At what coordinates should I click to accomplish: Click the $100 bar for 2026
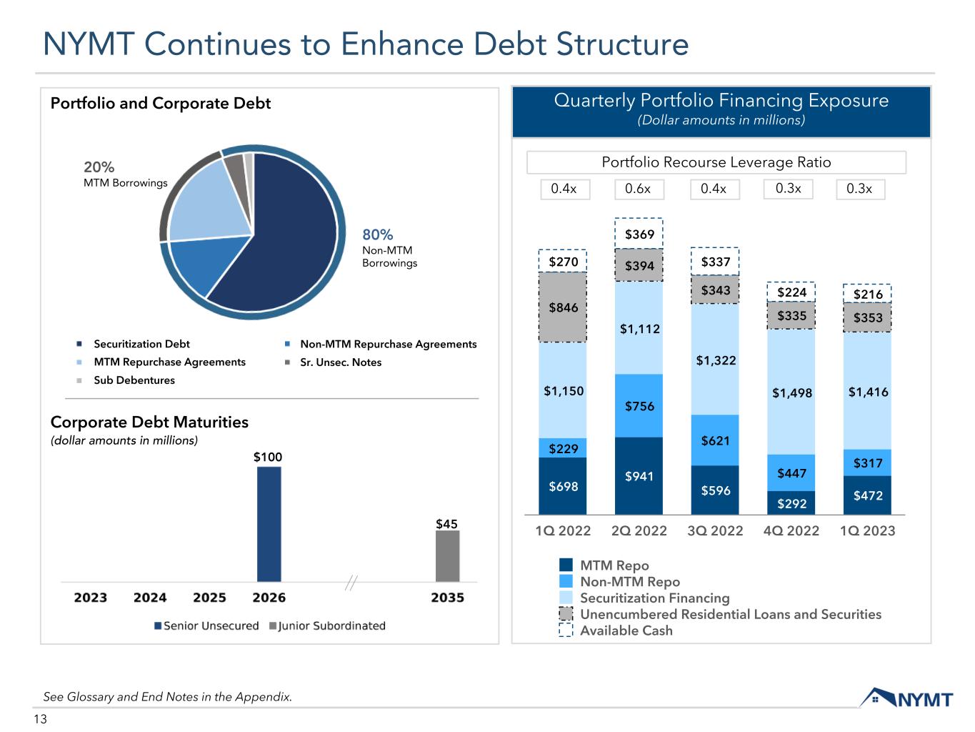(269, 524)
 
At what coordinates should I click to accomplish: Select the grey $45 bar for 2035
(447, 556)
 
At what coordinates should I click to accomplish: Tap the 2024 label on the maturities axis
(150, 598)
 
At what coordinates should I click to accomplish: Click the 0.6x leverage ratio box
(639, 189)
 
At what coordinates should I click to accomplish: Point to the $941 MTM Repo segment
(639, 476)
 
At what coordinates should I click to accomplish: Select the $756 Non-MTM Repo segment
(639, 406)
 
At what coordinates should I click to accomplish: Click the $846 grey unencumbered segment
(562, 307)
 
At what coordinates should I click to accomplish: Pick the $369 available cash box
(639, 233)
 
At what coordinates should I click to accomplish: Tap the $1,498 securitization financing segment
(791, 392)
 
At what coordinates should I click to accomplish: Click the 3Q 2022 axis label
(715, 530)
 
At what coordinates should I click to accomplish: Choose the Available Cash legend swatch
(566, 630)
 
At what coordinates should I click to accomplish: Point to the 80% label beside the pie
(378, 234)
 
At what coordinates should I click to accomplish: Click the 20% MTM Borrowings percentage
(99, 167)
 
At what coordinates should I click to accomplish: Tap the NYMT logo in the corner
(906, 698)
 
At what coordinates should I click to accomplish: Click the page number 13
(40, 718)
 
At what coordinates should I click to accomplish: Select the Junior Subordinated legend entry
(327, 625)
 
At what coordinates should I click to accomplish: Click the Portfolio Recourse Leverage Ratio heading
(716, 162)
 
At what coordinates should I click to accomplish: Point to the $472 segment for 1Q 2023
(867, 495)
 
